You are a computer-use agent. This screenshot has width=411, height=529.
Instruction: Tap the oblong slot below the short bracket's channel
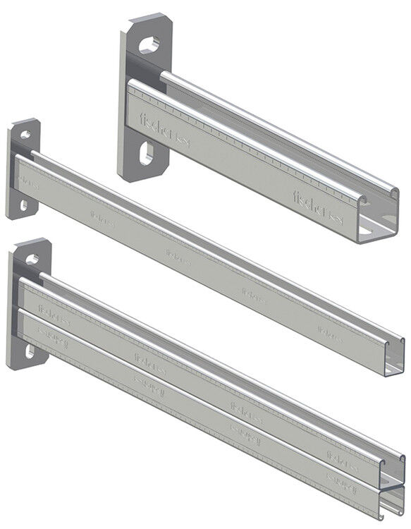tap(147, 154)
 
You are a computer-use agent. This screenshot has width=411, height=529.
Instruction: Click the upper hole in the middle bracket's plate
tap(25, 135)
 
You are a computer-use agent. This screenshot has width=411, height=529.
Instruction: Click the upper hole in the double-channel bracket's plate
tap(32, 259)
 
